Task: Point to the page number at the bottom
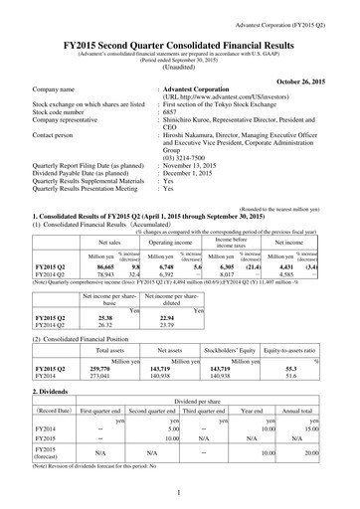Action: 179,491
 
